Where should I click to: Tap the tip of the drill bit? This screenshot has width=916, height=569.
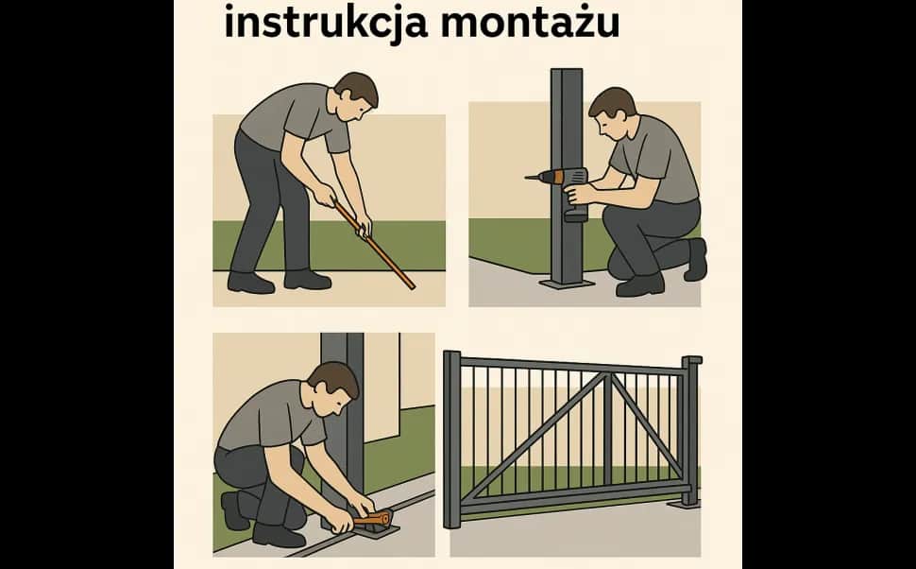(x=526, y=177)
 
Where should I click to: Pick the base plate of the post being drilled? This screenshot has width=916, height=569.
(x=566, y=282)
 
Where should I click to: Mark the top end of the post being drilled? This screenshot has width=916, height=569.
(x=565, y=72)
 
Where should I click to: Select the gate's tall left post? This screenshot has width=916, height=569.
(x=452, y=440)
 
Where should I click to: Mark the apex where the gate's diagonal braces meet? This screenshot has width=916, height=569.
(x=606, y=376)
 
